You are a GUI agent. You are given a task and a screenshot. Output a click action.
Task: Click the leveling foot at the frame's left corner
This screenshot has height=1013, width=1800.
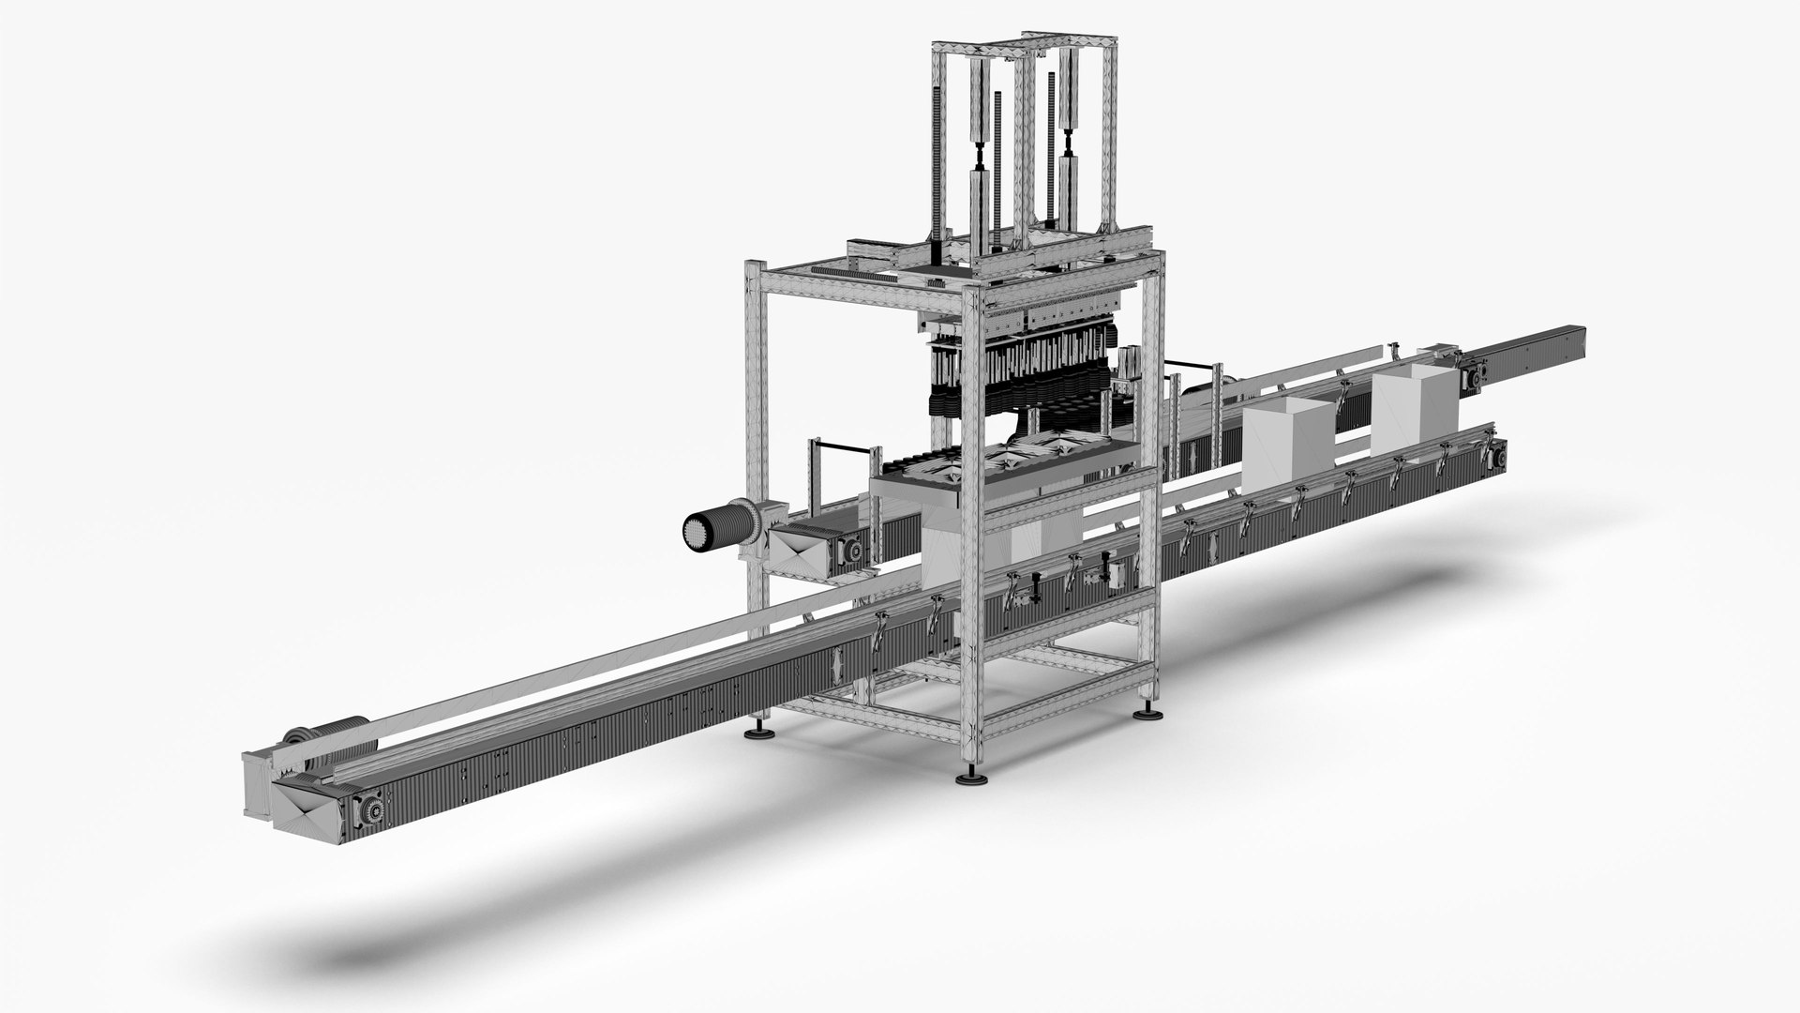755,733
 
